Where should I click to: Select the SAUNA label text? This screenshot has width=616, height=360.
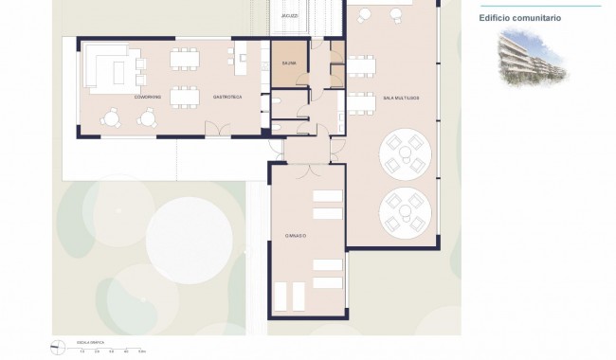coord(289,63)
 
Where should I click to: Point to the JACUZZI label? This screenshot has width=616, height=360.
coord(290,16)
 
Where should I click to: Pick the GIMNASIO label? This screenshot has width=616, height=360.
coord(298,234)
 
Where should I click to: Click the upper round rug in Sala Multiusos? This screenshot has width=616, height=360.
coord(405,153)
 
